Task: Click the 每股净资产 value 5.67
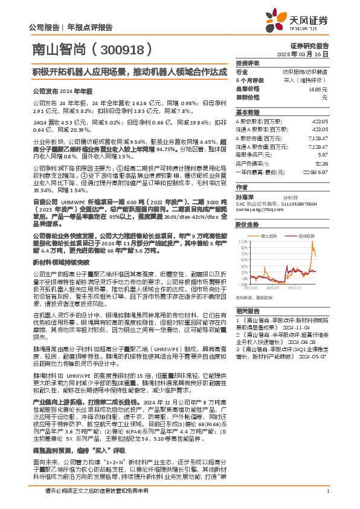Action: (322, 154)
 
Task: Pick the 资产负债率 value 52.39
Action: (321, 163)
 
